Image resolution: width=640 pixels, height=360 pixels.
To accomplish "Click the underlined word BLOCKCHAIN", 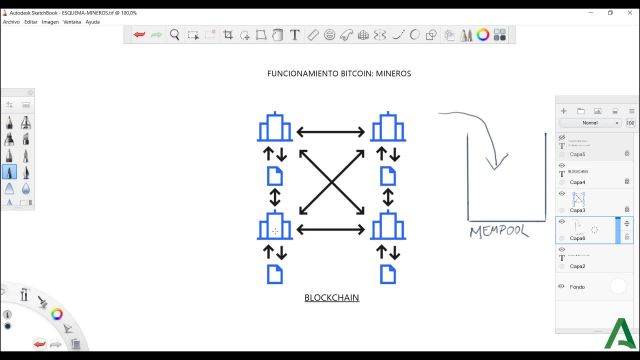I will tap(331, 298).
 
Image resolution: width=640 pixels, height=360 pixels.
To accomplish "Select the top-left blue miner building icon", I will tap(275, 128).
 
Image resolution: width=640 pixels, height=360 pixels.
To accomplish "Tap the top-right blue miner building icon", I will tap(387, 128).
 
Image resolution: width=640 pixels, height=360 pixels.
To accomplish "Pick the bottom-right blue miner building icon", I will tap(387, 227).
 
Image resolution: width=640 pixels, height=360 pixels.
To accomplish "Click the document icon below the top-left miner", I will tap(275, 177).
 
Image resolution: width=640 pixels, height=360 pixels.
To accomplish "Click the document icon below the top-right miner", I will tap(387, 177).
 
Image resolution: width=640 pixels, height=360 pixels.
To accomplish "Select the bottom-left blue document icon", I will tap(275, 271).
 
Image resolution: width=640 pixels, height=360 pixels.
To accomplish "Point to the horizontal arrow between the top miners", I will tap(331, 130).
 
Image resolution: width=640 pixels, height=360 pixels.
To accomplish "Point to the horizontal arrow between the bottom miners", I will tap(331, 229).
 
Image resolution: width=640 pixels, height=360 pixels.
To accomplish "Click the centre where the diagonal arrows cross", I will tap(331, 179).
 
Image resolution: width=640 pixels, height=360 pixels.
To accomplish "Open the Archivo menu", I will tap(11, 21).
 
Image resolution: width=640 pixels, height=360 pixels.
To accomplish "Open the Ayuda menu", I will tap(93, 21).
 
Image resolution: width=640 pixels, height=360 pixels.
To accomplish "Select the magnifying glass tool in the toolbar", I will tap(175, 35).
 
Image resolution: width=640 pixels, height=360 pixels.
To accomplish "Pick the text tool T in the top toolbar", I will tap(295, 35).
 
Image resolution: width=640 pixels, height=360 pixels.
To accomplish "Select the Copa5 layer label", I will tap(578, 155).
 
